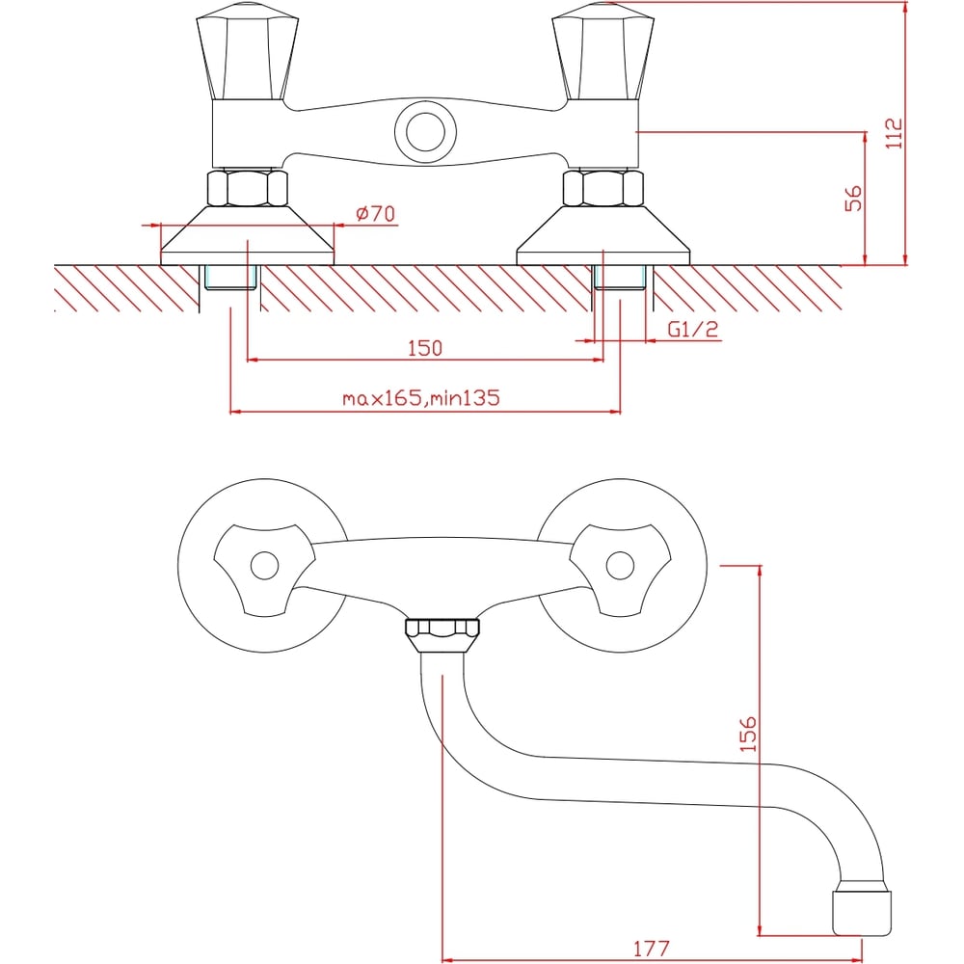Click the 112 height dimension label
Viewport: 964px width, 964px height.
coord(894,133)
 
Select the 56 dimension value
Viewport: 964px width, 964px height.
coord(853,198)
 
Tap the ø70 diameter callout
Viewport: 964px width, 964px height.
coord(376,213)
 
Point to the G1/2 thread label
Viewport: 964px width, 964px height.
coord(693,329)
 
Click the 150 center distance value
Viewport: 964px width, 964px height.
coord(425,348)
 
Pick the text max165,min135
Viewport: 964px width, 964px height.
coord(421,398)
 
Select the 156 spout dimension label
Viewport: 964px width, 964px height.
coord(748,734)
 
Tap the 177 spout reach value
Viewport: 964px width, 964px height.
coord(651,948)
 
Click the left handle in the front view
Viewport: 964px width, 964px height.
coord(248,51)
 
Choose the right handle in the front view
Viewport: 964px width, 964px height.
coord(603,51)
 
